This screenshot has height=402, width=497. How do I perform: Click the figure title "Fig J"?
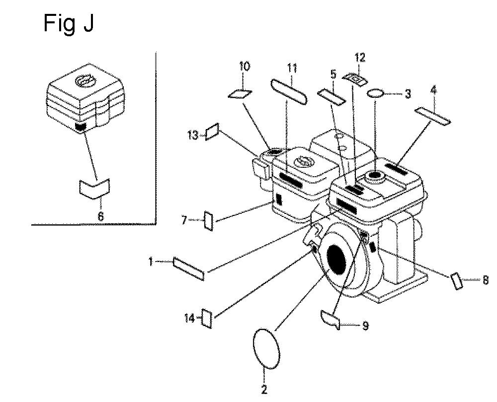point(69,24)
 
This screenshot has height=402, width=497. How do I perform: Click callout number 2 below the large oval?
point(264,389)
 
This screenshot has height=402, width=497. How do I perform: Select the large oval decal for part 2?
point(266,348)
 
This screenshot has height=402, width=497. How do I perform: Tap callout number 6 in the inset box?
point(100,216)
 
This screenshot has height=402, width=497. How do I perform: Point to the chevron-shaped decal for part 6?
point(94,189)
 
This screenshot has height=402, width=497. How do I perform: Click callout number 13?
point(193,135)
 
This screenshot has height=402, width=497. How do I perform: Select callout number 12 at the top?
point(360,58)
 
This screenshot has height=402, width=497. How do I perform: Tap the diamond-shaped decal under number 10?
point(240,94)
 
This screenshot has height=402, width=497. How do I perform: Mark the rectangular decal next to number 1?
point(188,269)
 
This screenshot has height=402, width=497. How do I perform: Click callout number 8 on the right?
point(485,280)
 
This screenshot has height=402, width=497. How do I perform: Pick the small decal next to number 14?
point(207,318)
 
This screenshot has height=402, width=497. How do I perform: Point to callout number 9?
point(365,326)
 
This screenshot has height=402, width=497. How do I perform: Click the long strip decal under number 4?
point(433,116)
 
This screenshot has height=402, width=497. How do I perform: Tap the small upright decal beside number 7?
point(209,221)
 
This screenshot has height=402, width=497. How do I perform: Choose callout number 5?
point(333,75)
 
